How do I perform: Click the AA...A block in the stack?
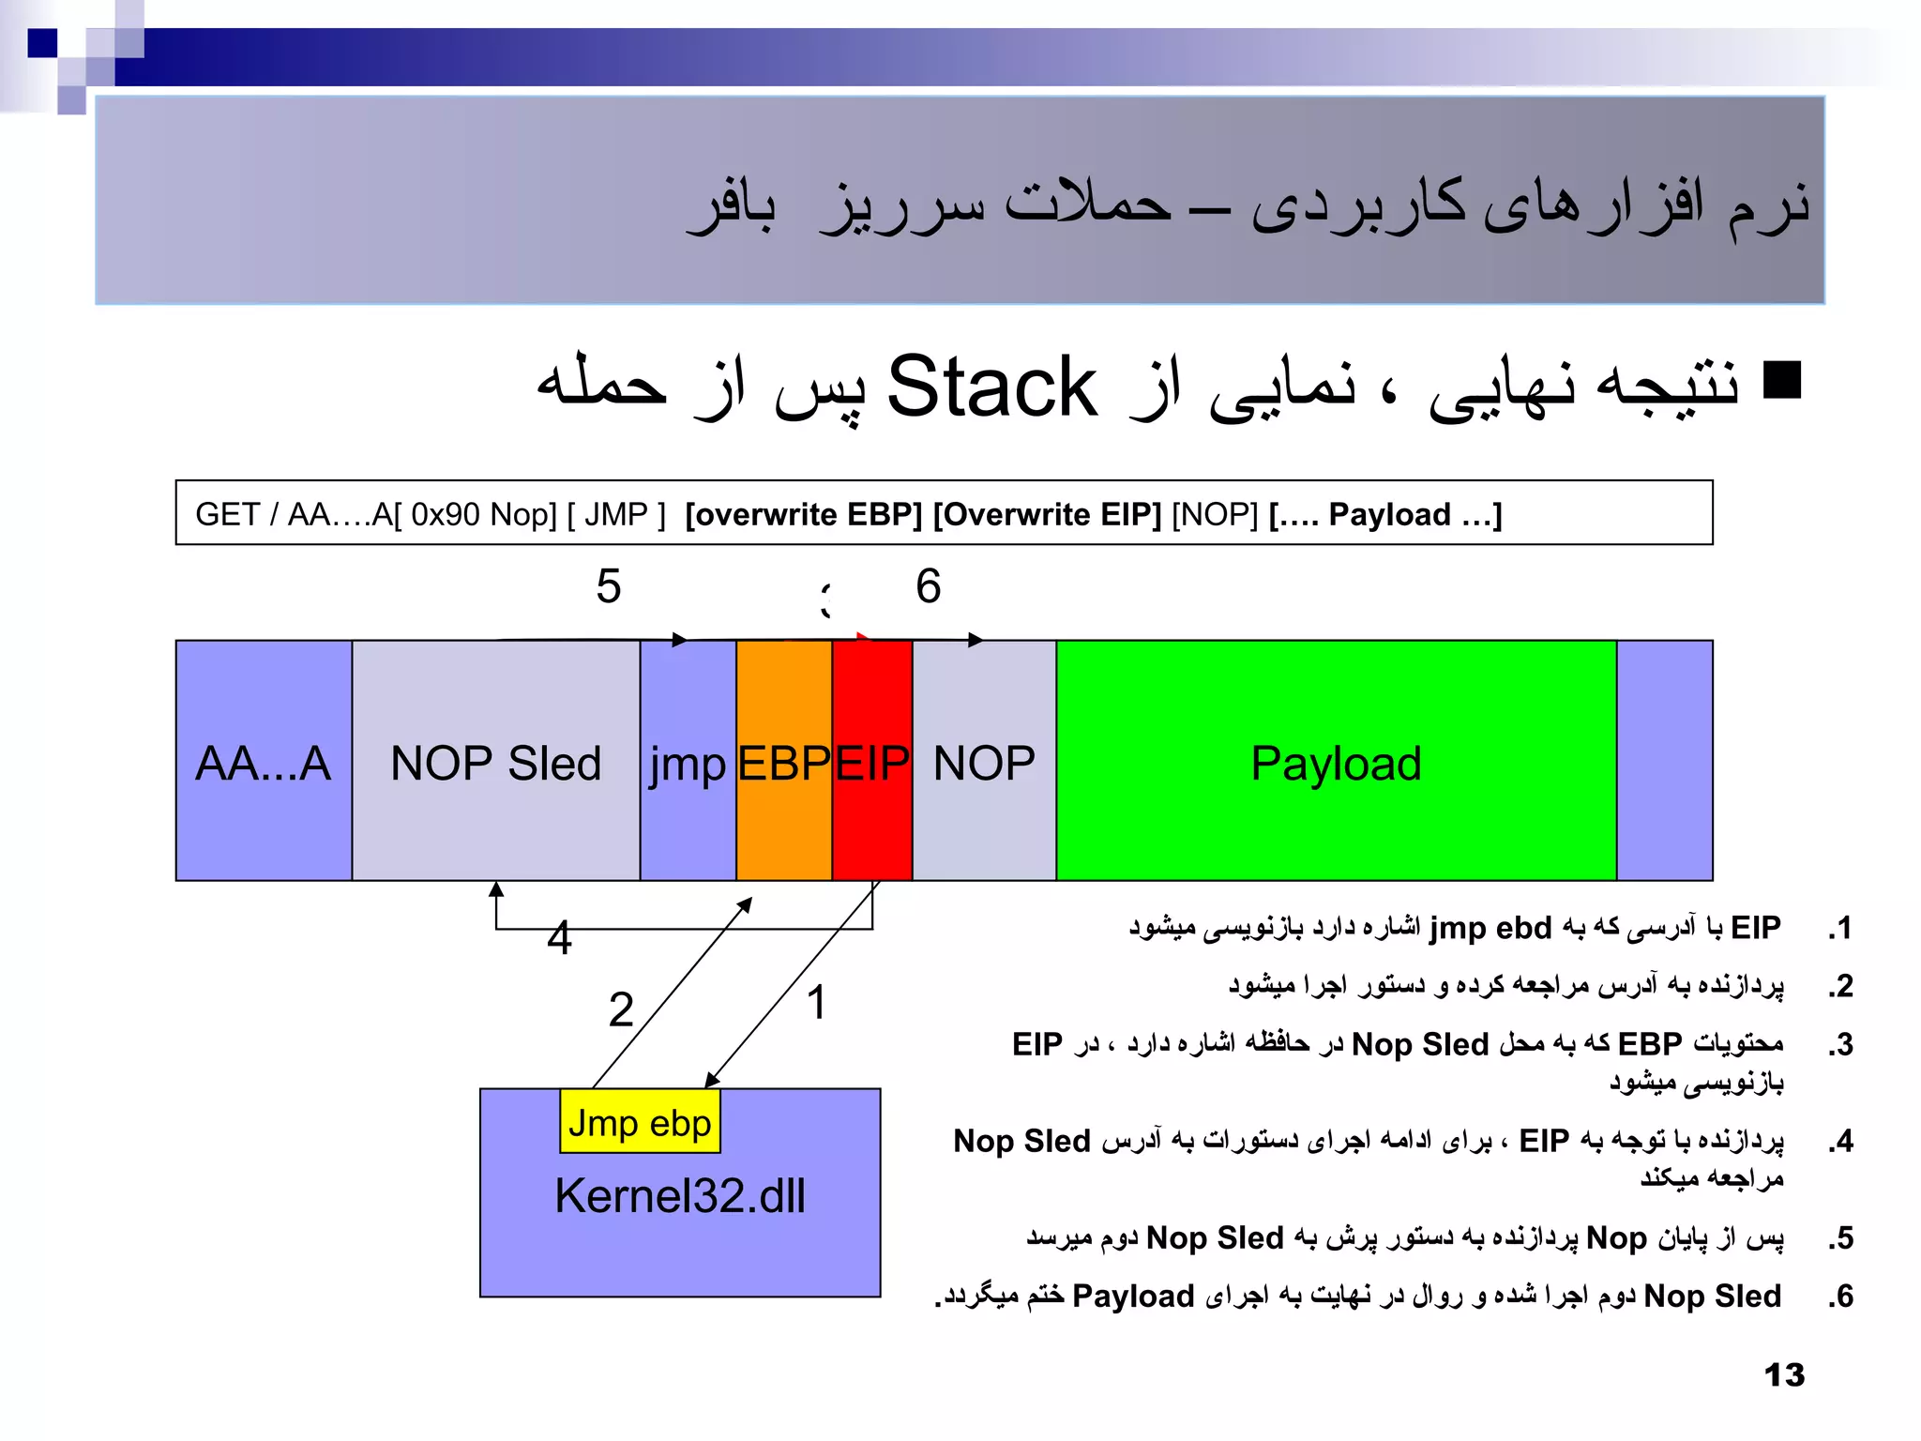[264, 761]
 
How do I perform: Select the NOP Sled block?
[495, 761]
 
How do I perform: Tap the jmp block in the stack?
[688, 761]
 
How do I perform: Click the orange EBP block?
[784, 761]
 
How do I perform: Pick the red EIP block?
[871, 761]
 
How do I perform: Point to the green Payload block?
[1336, 761]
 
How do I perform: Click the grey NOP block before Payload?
[984, 761]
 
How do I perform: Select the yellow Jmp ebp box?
[640, 1122]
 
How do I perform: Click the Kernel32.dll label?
[679, 1196]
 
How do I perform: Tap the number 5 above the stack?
[609, 586]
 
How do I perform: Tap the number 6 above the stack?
[928, 586]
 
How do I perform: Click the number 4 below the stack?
[559, 937]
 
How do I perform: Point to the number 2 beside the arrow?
[621, 1010]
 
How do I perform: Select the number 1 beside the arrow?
[816, 1002]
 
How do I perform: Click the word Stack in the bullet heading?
[991, 387]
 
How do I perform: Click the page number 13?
[1784, 1375]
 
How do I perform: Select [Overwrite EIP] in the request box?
[1047, 514]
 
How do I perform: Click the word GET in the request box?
[227, 514]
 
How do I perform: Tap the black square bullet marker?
[1782, 380]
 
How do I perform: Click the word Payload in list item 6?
[1133, 1296]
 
